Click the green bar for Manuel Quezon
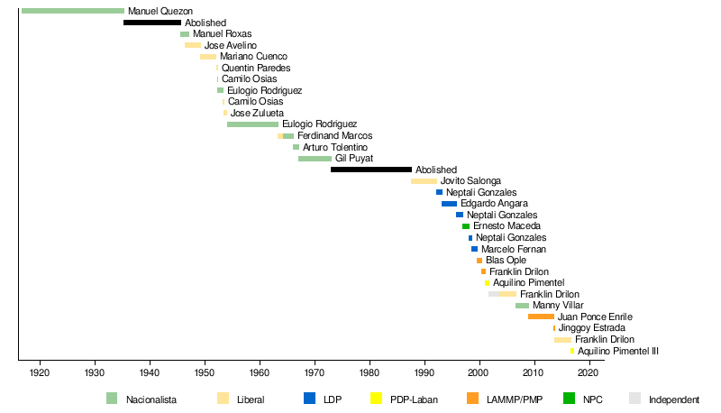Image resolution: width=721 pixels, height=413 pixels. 72,11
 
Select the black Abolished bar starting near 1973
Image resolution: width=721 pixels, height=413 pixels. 371,170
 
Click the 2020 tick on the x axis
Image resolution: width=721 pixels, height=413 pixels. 589,362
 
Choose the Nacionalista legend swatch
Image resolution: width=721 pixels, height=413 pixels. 112,399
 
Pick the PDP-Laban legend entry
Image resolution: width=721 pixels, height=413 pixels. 415,399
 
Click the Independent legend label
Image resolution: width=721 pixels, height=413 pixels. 674,399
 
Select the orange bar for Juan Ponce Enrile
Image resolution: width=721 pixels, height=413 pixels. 541,317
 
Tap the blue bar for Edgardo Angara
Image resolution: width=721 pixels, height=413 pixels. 449,204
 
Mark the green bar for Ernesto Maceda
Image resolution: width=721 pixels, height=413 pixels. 466,226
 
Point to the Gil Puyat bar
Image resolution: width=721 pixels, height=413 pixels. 315,159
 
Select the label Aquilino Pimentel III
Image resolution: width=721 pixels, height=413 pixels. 618,351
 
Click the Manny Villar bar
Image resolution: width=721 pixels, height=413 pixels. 522,306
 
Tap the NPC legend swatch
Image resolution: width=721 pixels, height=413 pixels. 569,399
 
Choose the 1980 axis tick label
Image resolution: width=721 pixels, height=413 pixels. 370,372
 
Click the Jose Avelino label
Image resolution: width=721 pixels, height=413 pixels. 230,45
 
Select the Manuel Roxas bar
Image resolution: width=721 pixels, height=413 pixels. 185,34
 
